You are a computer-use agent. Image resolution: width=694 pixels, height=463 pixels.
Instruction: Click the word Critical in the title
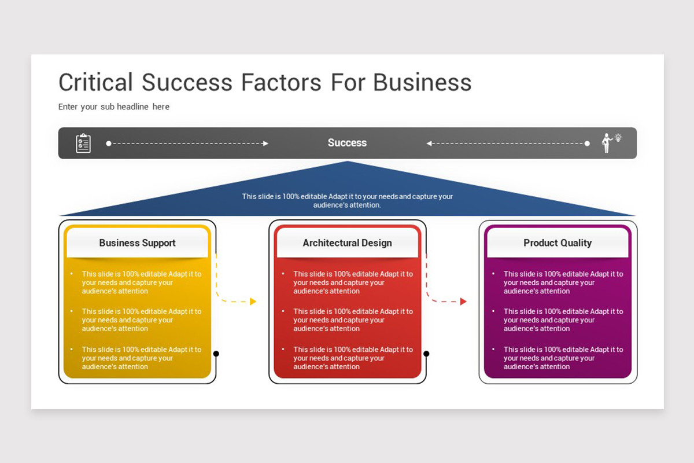pos(95,82)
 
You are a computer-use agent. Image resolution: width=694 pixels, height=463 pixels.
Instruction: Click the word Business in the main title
pos(422,82)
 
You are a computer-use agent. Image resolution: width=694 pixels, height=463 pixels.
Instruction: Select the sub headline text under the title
pos(114,106)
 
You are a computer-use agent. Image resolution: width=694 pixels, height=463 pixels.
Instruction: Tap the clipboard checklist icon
pos(83,143)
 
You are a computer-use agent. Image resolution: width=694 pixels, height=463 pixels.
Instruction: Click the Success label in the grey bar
pos(347,143)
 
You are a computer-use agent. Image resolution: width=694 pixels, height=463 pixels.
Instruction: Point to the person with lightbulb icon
pos(609,142)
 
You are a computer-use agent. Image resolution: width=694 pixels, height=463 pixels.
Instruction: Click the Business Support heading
pos(137,243)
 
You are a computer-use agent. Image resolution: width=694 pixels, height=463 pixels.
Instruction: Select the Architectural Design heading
pos(347,243)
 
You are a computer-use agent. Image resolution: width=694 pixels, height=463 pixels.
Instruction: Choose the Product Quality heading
pos(558,243)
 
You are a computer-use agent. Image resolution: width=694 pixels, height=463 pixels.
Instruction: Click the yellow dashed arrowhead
pos(253,302)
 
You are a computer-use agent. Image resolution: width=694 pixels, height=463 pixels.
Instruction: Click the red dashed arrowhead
pos(463,302)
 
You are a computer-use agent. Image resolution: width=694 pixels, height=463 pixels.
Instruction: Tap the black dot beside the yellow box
pos(216,354)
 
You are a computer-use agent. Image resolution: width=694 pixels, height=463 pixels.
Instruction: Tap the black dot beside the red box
pos(426,354)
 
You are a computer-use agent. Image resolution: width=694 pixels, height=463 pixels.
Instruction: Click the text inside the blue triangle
pos(347,201)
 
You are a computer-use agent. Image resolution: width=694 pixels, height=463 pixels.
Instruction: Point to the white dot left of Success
pos(109,144)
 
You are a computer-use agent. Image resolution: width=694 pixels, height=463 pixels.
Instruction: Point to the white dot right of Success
pos(587,144)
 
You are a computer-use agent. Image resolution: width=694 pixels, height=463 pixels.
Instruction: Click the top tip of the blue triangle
pos(348,163)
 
